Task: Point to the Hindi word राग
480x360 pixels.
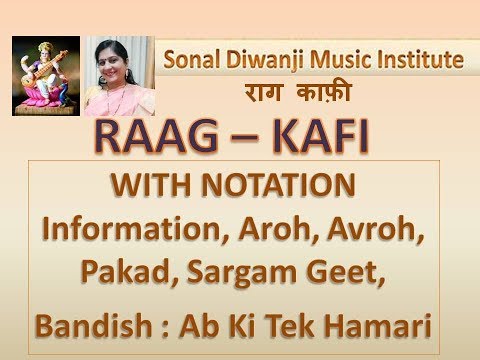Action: (264, 92)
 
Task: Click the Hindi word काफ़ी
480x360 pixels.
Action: (324, 91)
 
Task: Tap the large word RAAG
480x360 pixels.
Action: (156, 137)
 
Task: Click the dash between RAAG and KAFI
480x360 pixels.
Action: (245, 139)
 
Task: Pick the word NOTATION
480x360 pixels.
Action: (278, 185)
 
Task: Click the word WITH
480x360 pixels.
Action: (153, 185)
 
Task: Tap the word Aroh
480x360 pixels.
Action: (275, 229)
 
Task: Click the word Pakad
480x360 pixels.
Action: (130, 272)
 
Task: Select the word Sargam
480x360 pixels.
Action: (242, 273)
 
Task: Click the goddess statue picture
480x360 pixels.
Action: (46, 76)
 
